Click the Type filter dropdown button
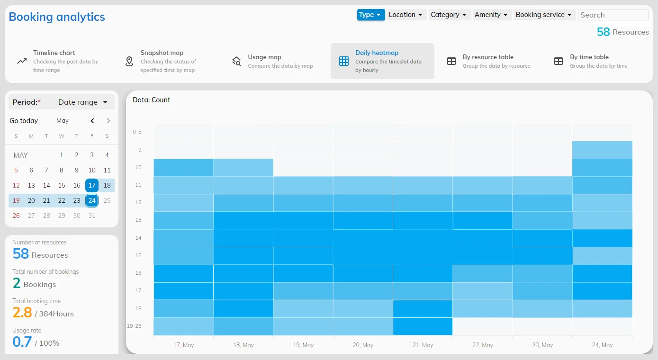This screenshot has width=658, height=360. tap(370, 15)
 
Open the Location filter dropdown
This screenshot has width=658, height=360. tap(406, 15)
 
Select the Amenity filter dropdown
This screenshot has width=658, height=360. tap(491, 15)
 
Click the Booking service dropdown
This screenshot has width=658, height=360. tap(543, 15)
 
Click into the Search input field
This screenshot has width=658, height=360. tap(613, 15)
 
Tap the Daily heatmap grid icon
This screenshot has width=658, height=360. tap(344, 62)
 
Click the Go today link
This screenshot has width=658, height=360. tap(24, 121)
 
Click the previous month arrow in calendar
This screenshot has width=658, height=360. tap(92, 121)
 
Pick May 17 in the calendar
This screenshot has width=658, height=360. tap(92, 185)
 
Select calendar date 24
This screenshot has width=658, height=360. tap(92, 200)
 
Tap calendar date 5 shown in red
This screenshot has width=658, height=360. tap(16, 170)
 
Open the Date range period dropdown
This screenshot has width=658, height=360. tap(83, 102)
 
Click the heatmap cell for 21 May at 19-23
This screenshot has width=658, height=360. tap(423, 326)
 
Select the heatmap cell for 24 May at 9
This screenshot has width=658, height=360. tap(602, 150)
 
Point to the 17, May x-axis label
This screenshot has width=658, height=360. tap(183, 345)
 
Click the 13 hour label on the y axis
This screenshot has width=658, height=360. tap(138, 220)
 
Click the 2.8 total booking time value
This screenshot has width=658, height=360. tap(22, 313)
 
